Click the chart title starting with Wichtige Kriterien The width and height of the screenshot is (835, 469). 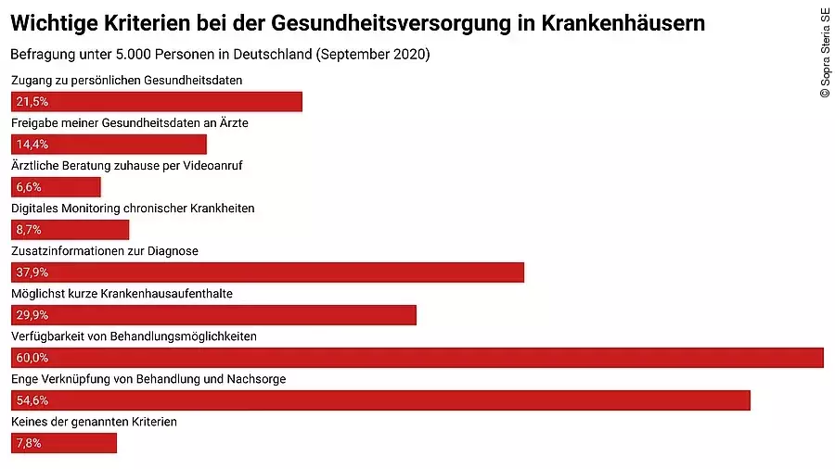tap(357, 23)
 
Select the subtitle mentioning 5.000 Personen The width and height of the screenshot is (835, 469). tap(220, 54)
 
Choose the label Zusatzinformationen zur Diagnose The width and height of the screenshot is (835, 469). tap(105, 251)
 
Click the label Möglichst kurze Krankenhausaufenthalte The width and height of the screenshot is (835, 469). tap(122, 294)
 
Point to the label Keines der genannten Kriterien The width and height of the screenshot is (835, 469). tap(94, 422)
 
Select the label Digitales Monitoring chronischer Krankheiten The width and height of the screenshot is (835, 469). tap(133, 209)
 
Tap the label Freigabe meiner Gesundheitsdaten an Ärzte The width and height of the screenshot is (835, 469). tap(130, 123)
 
